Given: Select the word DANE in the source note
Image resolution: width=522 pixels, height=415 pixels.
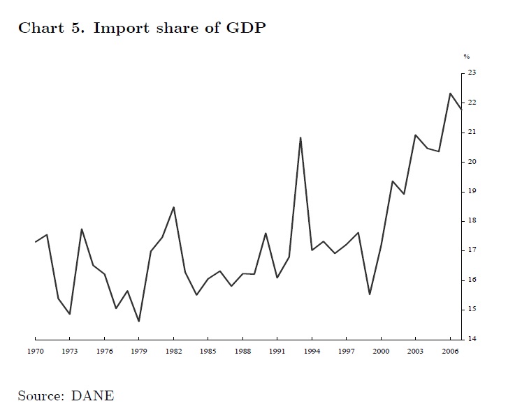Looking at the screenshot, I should pos(92,395).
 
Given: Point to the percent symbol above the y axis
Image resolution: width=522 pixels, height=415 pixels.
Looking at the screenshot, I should pos(466,56).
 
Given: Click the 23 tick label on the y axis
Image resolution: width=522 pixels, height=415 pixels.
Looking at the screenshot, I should pos(472,73).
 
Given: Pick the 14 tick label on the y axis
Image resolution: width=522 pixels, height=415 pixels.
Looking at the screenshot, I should pos(472,339).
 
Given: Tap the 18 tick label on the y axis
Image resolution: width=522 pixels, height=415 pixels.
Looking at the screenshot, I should pos(472,220).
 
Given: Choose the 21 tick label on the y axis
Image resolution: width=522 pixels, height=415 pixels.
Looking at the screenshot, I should pos(472,132).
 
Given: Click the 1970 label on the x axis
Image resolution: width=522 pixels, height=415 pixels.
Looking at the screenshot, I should pos(35,352).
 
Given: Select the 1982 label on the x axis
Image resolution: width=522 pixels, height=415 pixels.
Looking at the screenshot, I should pos(173,352).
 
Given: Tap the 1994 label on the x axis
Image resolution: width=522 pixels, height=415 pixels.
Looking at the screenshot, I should pos(312,352).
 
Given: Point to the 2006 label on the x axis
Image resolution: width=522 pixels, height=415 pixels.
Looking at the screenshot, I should pos(450,352).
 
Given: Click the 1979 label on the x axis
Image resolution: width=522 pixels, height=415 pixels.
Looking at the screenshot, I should pos(139,352).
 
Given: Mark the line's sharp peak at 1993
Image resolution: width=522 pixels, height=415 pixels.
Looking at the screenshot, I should pos(300,137).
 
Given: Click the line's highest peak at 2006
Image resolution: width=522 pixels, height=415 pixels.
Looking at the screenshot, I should pos(450,93).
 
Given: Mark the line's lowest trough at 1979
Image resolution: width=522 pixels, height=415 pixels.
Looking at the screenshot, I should pos(139,321).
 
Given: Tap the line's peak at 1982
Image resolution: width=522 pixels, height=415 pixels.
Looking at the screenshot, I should pos(173,207).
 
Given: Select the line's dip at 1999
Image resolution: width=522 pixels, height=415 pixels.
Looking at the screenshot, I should pos(370,294).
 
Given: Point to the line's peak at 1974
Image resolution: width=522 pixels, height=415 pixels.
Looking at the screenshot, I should pos(82,229).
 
